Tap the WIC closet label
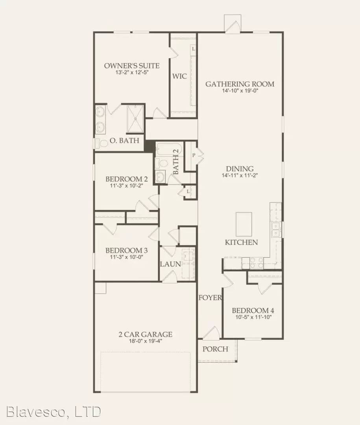click(179, 76)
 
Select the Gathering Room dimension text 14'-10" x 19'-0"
click(240, 91)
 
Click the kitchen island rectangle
click(244, 223)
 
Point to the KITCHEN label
click(241, 242)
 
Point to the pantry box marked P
click(194, 155)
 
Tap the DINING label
click(240, 169)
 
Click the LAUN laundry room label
click(170, 264)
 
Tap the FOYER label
click(210, 298)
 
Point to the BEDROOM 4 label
click(252, 310)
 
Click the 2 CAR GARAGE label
click(146, 335)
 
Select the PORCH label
click(215, 349)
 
